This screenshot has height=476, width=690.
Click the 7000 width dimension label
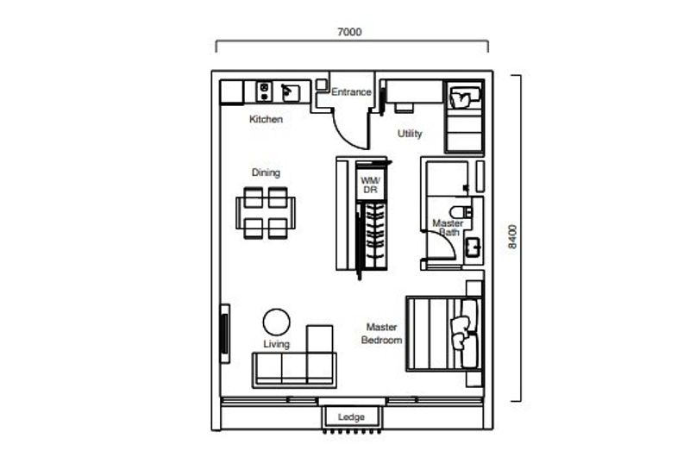point(349,32)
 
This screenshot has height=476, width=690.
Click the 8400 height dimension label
point(512,237)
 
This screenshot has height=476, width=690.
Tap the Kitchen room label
point(266,119)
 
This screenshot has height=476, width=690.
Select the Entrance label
point(351,92)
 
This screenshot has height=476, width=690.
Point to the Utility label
point(410,134)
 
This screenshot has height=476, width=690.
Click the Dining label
point(266,172)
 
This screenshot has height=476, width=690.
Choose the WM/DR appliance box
point(371,185)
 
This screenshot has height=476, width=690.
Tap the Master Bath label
point(448,228)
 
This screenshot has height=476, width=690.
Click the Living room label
point(276,344)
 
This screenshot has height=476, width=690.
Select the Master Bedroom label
point(381,334)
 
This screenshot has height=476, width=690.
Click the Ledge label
point(351,416)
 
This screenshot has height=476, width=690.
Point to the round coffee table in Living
point(276,322)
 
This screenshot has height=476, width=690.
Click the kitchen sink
point(291,92)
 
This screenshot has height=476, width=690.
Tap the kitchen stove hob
point(264,91)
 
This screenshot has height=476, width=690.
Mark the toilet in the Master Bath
point(461,212)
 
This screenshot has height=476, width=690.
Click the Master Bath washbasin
point(474,247)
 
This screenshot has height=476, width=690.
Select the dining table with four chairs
point(266,213)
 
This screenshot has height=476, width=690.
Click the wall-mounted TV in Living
point(224,334)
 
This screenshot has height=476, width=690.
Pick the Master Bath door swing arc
point(448,240)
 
